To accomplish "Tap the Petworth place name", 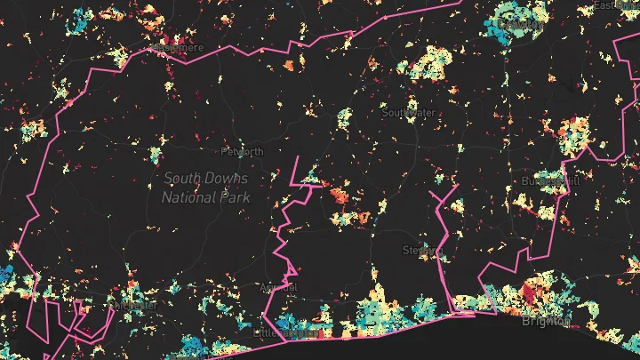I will [243, 152].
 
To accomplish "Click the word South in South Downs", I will [181, 179].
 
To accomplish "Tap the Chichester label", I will [135, 305].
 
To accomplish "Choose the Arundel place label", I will [278, 288].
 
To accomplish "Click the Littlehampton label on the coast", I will [286, 332].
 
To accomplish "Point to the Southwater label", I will [410, 113].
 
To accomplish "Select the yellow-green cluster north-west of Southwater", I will [345, 116].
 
